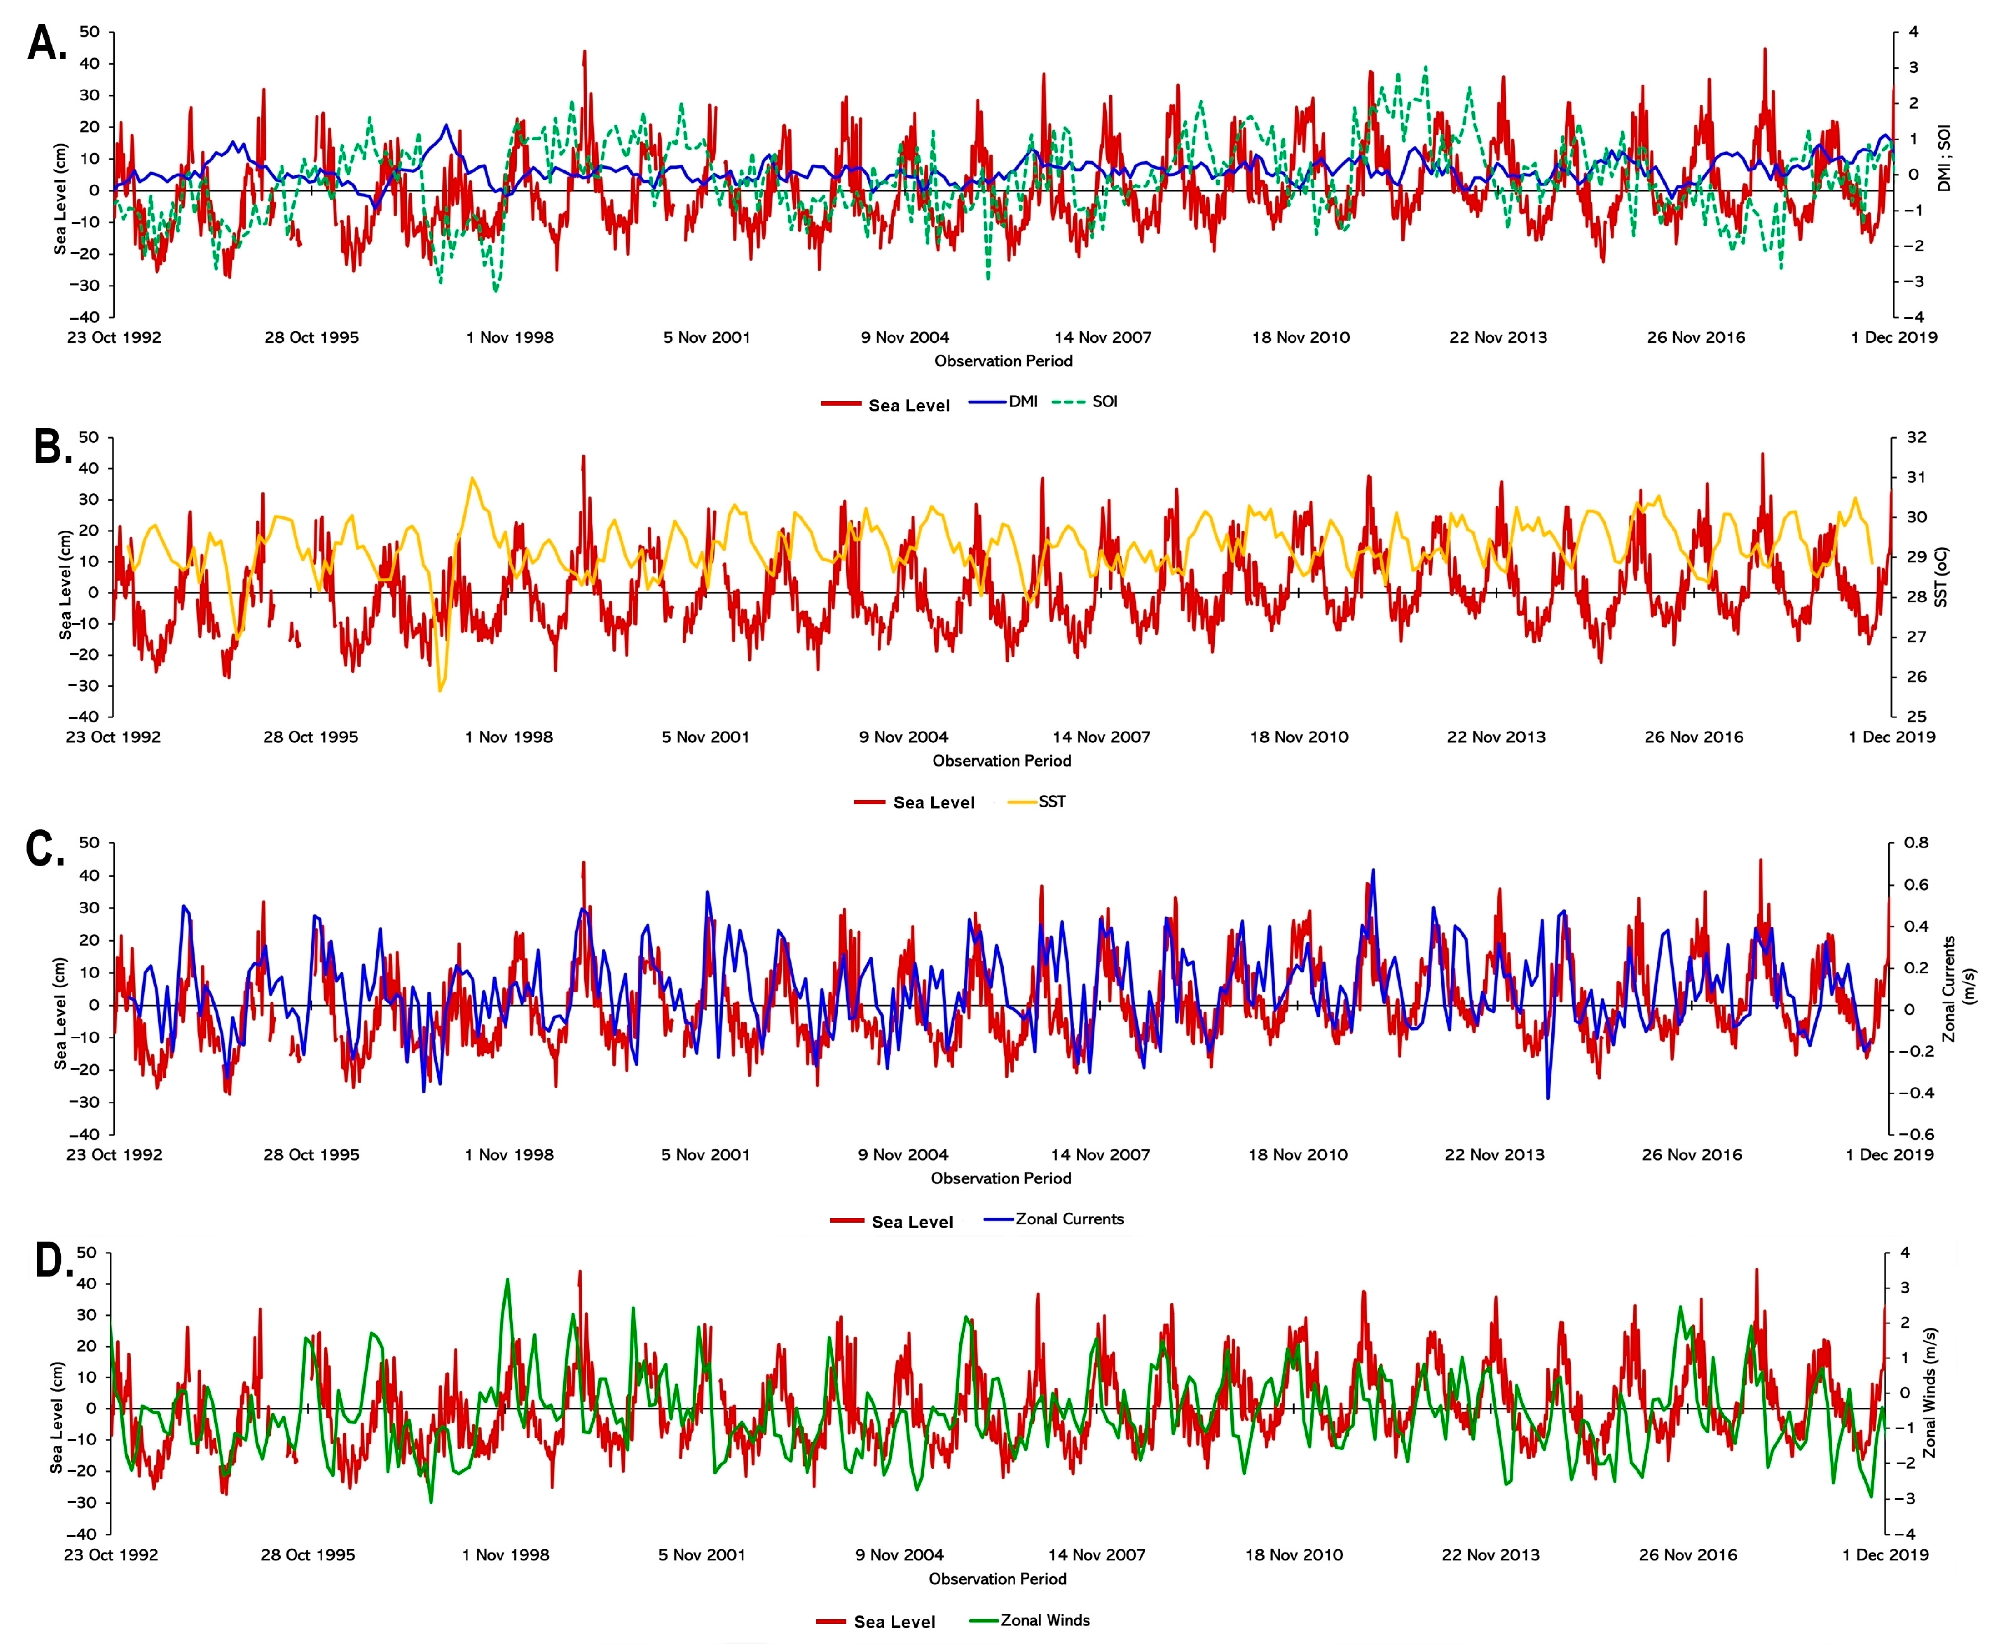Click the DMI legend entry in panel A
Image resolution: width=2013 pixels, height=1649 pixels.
(x=1022, y=402)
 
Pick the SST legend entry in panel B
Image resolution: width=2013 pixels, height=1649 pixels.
(x=1051, y=802)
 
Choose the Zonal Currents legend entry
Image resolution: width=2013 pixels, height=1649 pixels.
(x=1069, y=1219)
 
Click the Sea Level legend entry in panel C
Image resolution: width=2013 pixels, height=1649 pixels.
(x=911, y=1222)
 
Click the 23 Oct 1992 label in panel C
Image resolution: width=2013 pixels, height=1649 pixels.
(x=114, y=1155)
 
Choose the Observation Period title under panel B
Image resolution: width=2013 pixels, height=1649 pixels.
(x=1001, y=761)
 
